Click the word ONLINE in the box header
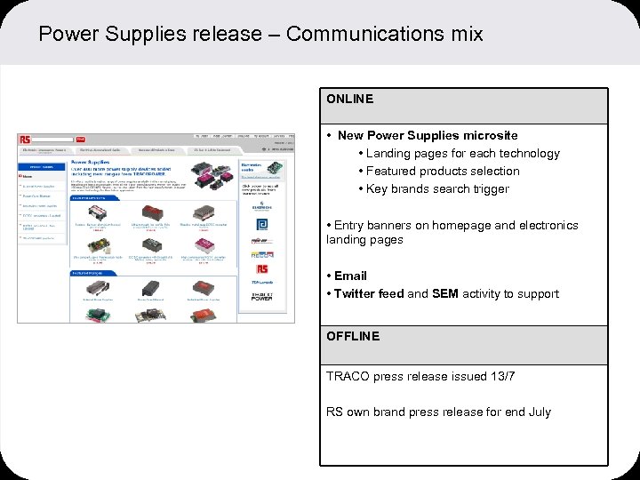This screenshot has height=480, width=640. pos(349,99)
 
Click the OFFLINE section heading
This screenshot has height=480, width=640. pos(352,336)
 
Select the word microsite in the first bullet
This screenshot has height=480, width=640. pos(486,135)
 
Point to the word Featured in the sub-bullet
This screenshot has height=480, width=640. pos(393,171)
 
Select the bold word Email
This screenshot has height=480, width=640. pos(350,276)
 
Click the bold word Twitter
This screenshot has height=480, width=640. pos(356,293)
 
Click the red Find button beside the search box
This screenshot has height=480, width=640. pos(80,139)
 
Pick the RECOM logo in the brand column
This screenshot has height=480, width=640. pos(263,254)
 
